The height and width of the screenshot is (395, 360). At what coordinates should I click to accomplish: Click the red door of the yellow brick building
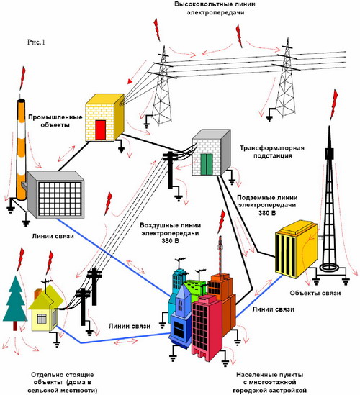pyautogui.click(x=100, y=130)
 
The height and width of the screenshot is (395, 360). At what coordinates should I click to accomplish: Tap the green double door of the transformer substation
pyautogui.click(x=207, y=165)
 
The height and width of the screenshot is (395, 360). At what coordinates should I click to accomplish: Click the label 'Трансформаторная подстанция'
pyautogui.click(x=272, y=152)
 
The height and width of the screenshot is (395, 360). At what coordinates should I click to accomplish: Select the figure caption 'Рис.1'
pyautogui.click(x=36, y=42)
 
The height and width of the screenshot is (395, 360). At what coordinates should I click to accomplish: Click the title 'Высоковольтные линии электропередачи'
pyautogui.click(x=215, y=8)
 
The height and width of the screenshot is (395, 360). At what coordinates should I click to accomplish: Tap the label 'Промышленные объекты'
pyautogui.click(x=55, y=121)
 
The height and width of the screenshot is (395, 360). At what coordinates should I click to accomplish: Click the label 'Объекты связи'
pyautogui.click(x=315, y=293)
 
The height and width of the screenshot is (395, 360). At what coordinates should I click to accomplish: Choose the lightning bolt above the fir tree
pyautogui.click(x=21, y=259)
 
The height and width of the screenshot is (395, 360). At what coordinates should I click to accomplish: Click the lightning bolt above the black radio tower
pyautogui.click(x=334, y=104)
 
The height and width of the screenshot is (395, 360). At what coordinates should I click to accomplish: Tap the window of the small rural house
pyautogui.click(x=41, y=319)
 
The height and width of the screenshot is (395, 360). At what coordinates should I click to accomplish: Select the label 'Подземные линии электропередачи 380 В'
pyautogui.click(x=267, y=205)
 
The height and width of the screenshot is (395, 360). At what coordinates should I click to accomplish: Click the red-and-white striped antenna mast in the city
pyautogui.click(x=220, y=255)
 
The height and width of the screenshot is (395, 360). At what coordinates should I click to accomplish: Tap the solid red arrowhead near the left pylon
pyautogui.click(x=130, y=81)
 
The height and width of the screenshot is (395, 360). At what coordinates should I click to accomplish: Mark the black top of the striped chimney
pyautogui.click(x=21, y=101)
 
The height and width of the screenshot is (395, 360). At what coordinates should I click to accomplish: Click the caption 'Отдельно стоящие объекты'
pyautogui.click(x=62, y=378)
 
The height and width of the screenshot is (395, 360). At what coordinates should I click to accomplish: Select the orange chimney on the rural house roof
pyautogui.click(x=37, y=293)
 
